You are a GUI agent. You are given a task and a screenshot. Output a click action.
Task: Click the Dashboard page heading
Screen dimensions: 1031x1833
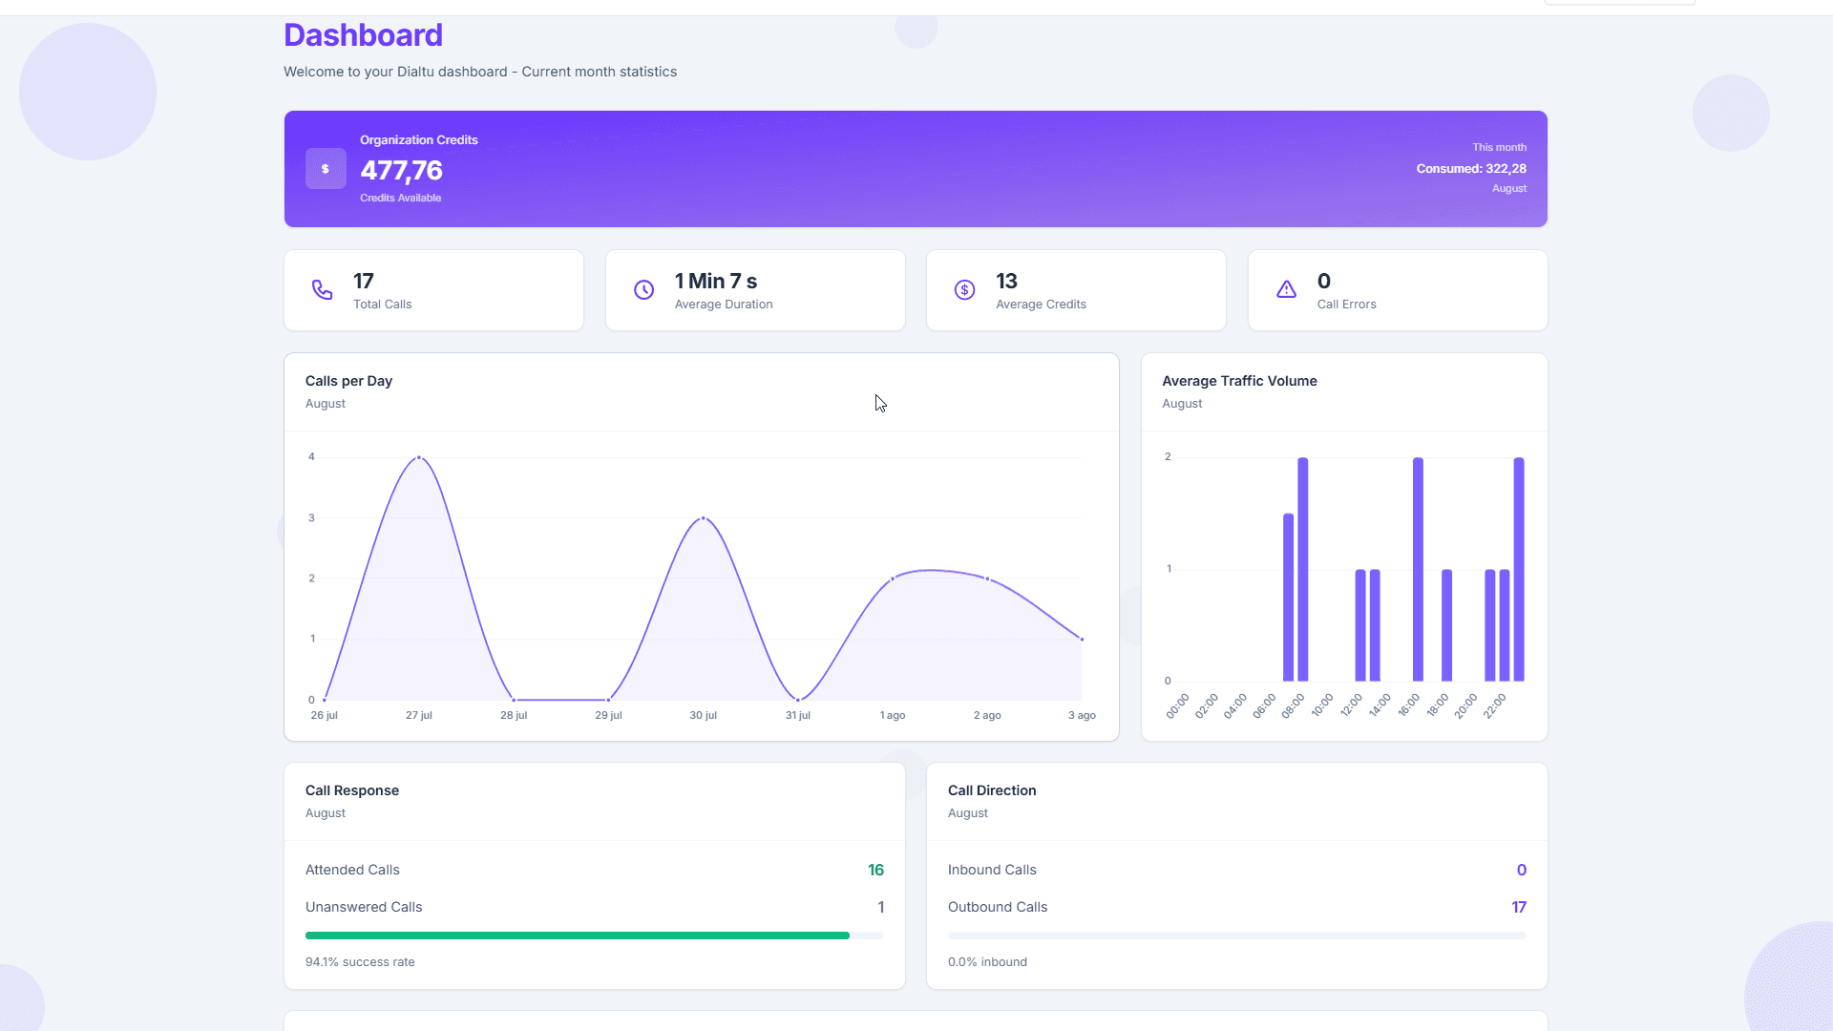point(363,35)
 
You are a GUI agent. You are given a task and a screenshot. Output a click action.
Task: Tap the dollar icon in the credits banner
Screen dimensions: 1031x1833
point(326,169)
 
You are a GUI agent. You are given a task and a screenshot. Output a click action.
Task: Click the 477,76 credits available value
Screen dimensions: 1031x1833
point(401,171)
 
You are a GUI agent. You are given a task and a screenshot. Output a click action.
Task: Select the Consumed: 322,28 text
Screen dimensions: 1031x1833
point(1470,169)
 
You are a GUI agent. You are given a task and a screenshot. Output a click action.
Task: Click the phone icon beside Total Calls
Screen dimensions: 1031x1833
point(323,289)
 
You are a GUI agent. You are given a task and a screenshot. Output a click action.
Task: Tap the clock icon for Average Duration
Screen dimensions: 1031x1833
point(644,289)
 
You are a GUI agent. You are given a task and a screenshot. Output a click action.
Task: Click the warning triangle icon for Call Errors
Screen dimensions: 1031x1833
point(1286,289)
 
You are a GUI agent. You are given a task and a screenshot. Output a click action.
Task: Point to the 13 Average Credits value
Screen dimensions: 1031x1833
point(1006,282)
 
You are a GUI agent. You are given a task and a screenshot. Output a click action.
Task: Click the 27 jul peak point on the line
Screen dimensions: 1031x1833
point(419,458)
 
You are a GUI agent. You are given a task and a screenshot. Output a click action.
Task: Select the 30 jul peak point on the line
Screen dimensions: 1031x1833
point(704,518)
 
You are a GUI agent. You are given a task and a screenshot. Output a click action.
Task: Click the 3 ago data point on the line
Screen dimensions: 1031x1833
point(1082,640)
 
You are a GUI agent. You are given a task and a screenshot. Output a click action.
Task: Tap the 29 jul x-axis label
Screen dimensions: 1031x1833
point(608,715)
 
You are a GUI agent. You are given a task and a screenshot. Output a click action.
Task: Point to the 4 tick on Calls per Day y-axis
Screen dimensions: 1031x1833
point(311,457)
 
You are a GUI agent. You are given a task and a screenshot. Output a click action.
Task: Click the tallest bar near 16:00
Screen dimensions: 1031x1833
point(1418,569)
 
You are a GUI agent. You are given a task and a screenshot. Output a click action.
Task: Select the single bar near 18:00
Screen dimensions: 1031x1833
point(1446,625)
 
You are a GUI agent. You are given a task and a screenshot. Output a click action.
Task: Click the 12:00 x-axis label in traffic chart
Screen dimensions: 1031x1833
point(1351,705)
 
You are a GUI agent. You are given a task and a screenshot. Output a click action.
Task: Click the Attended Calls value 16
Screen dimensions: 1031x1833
point(875,870)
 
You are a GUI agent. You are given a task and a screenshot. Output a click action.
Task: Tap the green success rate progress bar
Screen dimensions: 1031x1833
point(577,936)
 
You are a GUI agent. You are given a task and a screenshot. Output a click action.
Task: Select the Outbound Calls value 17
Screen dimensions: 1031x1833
point(1518,907)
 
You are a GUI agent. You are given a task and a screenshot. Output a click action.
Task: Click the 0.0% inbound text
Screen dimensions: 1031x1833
point(987,962)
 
